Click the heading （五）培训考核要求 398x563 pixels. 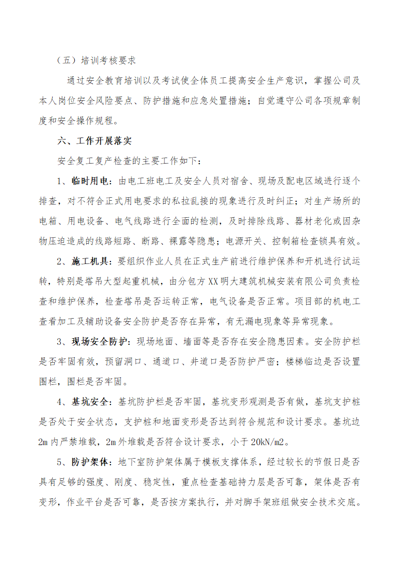[96, 60]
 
